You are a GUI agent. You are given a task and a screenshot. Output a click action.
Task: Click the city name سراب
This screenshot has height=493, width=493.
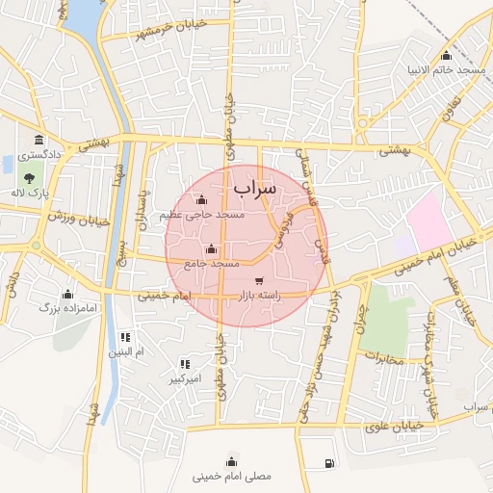pos(254,187)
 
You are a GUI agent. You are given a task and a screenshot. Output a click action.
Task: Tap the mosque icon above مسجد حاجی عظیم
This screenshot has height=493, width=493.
pos(200,200)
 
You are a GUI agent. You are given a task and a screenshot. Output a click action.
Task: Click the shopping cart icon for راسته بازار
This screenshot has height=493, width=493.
pos(258,280)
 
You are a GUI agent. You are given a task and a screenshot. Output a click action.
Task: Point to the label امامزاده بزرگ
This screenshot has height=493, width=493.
pos(62,308)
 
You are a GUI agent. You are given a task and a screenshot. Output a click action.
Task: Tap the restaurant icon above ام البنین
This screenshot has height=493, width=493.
pos(125,337)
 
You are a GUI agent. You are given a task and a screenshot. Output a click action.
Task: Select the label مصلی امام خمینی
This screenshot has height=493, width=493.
pos(232,476)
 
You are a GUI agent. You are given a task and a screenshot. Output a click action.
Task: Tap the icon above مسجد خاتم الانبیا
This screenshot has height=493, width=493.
pos(446,55)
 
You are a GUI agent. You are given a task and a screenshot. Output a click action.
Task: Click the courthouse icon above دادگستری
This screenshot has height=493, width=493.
pos(38,140)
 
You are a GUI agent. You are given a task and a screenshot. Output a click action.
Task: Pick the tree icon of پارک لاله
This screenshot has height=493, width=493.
pos(30,178)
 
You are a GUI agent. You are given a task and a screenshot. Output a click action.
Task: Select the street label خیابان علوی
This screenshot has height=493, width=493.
pos(399,427)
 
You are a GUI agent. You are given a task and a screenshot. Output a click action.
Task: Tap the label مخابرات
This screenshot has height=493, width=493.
pos(383,356)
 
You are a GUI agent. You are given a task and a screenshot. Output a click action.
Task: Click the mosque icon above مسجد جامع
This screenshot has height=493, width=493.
pos(212,249)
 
